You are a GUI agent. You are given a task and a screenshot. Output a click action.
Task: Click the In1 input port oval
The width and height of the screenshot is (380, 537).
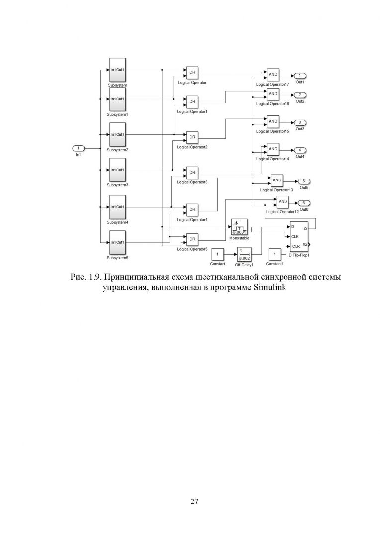[x=79, y=148]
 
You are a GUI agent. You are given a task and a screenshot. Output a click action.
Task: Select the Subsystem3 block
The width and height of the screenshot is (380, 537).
[x=117, y=170]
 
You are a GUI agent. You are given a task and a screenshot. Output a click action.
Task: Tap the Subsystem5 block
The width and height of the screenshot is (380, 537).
[x=117, y=243]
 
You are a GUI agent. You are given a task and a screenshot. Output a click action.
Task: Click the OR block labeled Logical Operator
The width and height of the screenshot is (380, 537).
[x=192, y=73]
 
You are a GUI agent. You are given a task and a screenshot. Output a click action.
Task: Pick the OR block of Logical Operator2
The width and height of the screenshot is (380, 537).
[x=192, y=137]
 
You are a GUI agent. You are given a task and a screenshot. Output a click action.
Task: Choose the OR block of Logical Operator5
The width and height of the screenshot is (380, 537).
[x=192, y=239]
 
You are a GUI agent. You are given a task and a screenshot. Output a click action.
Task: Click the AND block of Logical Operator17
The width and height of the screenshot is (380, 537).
[x=273, y=75]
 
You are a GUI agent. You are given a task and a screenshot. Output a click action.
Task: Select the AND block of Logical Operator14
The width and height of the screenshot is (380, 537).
[x=273, y=149]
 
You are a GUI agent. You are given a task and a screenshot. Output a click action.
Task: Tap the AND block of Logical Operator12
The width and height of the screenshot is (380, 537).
[x=283, y=201]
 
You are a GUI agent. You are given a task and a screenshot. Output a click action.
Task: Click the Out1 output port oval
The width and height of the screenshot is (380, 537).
[x=300, y=75]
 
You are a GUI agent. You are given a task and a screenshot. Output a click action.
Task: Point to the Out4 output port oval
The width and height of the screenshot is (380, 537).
[x=300, y=150]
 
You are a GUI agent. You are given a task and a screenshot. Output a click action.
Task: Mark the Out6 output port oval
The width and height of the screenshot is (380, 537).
[x=304, y=203]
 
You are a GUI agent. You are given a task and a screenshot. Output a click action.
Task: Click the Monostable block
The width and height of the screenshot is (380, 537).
[x=240, y=227]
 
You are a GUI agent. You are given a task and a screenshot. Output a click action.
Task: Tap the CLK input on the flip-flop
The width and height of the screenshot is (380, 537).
[x=295, y=237]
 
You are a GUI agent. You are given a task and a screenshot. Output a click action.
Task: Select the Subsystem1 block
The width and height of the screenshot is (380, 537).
[x=117, y=99]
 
